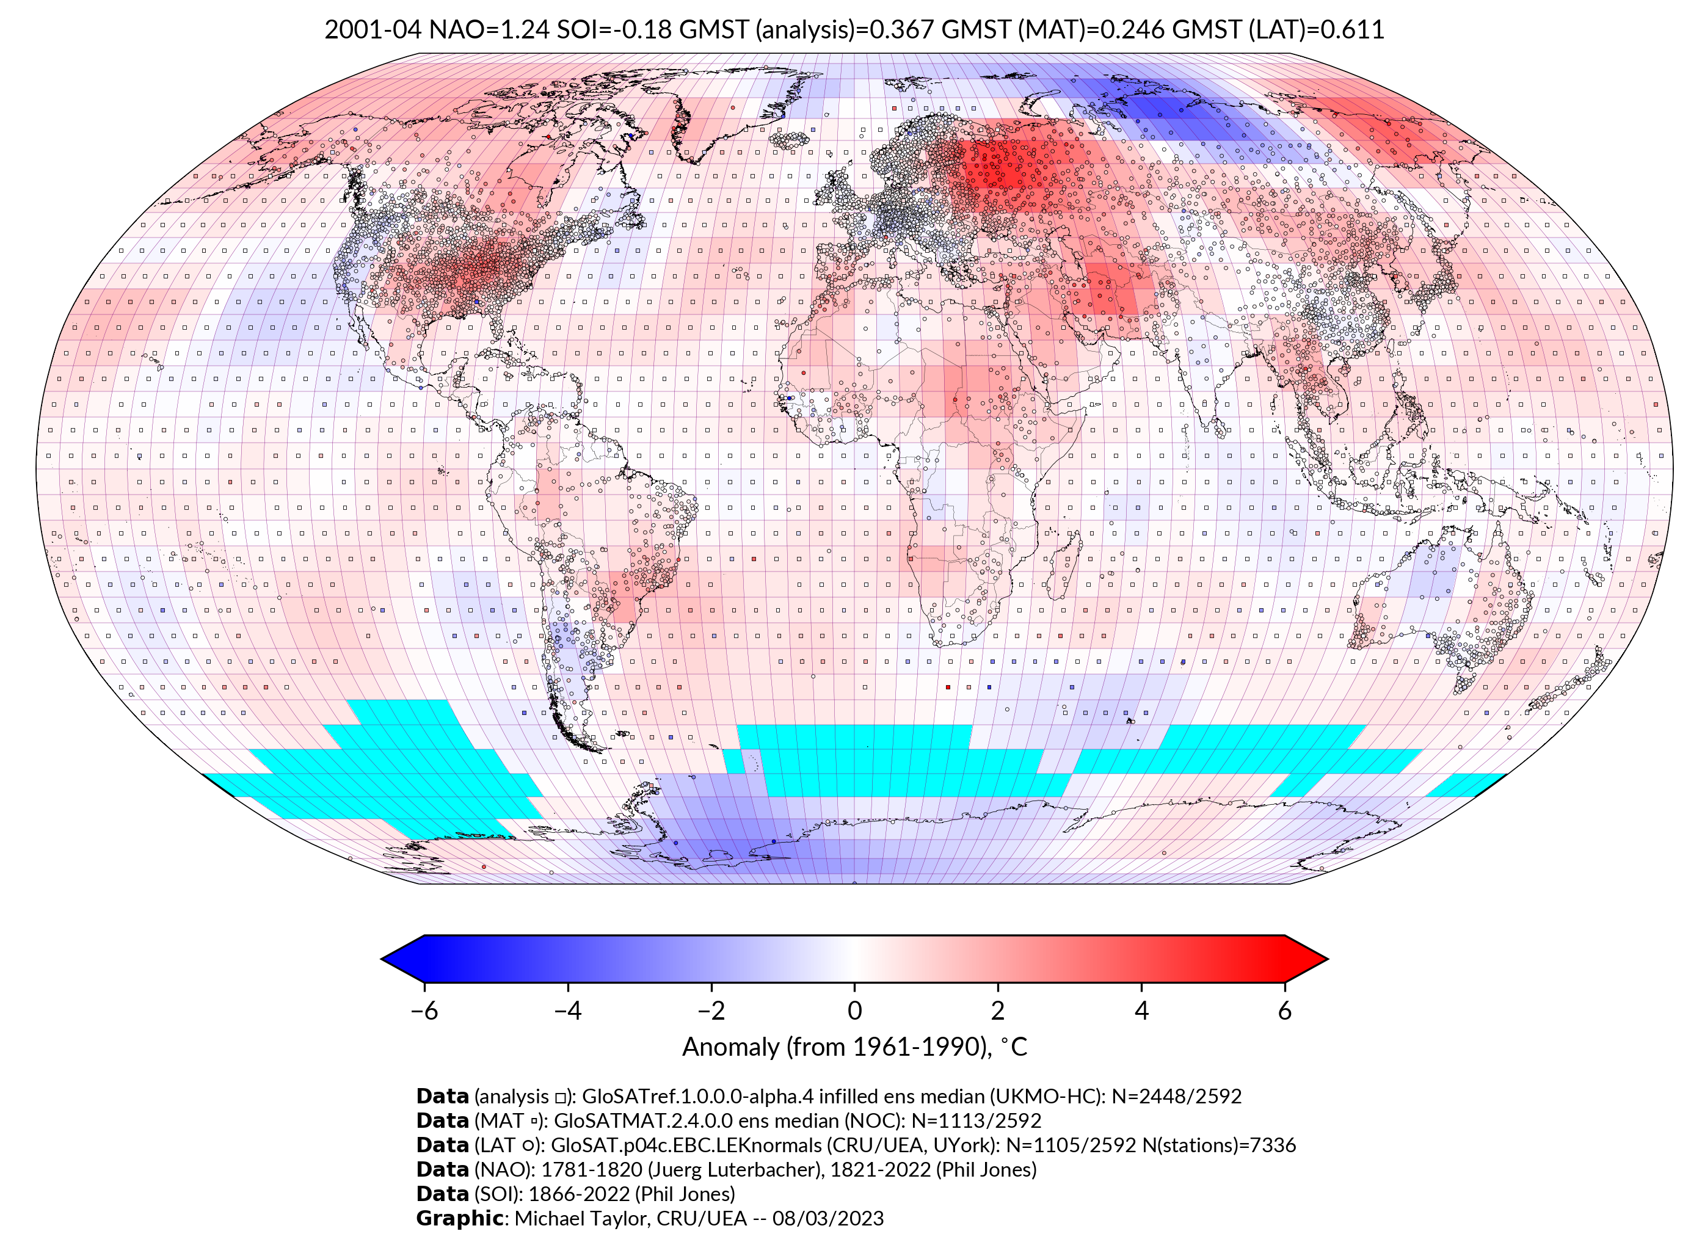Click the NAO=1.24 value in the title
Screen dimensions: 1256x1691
pyautogui.click(x=489, y=30)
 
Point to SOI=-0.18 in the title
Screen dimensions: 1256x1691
pyautogui.click(x=614, y=30)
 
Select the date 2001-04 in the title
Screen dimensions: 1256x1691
pyautogui.click(x=373, y=30)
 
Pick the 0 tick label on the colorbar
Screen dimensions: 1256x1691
pyautogui.click(x=854, y=1011)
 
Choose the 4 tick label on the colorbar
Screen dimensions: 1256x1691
pyautogui.click(x=1141, y=1011)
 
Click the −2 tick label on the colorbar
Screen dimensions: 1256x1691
pyautogui.click(x=711, y=1011)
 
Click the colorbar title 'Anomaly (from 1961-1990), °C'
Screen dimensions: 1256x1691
pyautogui.click(x=854, y=1047)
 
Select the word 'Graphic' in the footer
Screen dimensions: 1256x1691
pyautogui.click(x=459, y=1219)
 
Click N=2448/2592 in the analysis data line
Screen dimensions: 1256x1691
pyautogui.click(x=1176, y=1097)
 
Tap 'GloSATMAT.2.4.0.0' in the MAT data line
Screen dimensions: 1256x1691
pyautogui.click(x=643, y=1120)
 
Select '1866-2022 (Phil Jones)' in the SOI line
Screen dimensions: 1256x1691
pyautogui.click(x=631, y=1194)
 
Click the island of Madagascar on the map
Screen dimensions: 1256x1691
pyautogui.click(x=1063, y=567)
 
